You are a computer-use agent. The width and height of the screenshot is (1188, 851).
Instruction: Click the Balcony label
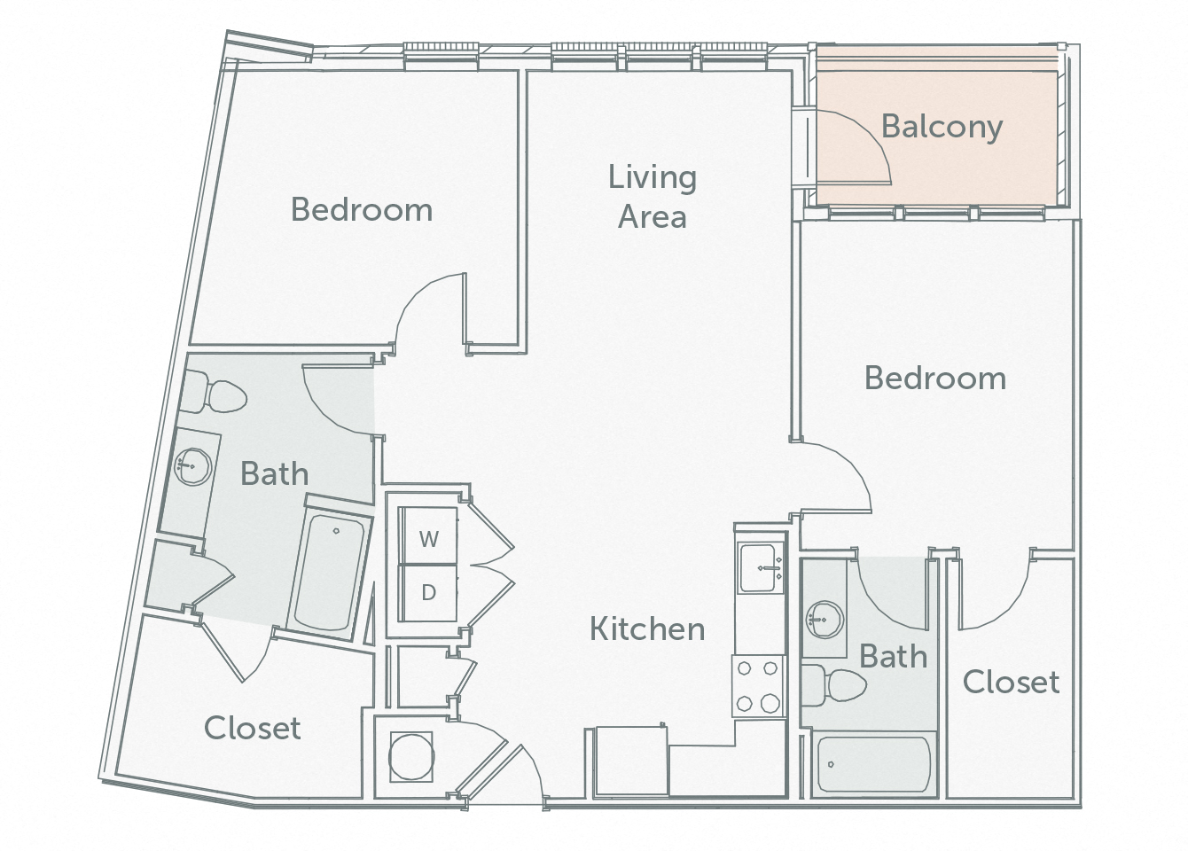(x=942, y=127)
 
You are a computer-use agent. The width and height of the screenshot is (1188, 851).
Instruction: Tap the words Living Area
(x=653, y=197)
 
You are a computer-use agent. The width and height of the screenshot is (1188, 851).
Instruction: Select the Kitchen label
(x=647, y=629)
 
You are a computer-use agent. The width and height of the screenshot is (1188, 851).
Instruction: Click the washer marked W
(x=429, y=538)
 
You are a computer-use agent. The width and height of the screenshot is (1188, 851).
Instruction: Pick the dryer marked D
(x=429, y=592)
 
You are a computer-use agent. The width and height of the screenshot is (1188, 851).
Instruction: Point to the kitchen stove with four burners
(x=758, y=686)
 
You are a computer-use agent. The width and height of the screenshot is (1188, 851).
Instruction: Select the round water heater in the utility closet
(x=411, y=756)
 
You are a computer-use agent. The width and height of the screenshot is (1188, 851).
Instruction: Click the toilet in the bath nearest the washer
(x=216, y=395)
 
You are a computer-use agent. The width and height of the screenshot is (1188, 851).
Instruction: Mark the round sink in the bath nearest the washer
(x=190, y=466)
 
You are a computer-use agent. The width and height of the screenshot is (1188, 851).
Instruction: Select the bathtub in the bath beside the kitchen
(x=873, y=763)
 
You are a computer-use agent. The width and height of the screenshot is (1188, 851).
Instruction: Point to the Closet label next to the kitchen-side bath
(x=1011, y=682)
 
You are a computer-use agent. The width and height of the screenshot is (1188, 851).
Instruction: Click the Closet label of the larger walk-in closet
(x=253, y=728)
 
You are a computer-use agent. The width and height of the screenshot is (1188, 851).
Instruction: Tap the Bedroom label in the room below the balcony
(x=935, y=379)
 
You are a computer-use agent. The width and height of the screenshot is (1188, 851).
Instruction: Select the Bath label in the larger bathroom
(x=275, y=474)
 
